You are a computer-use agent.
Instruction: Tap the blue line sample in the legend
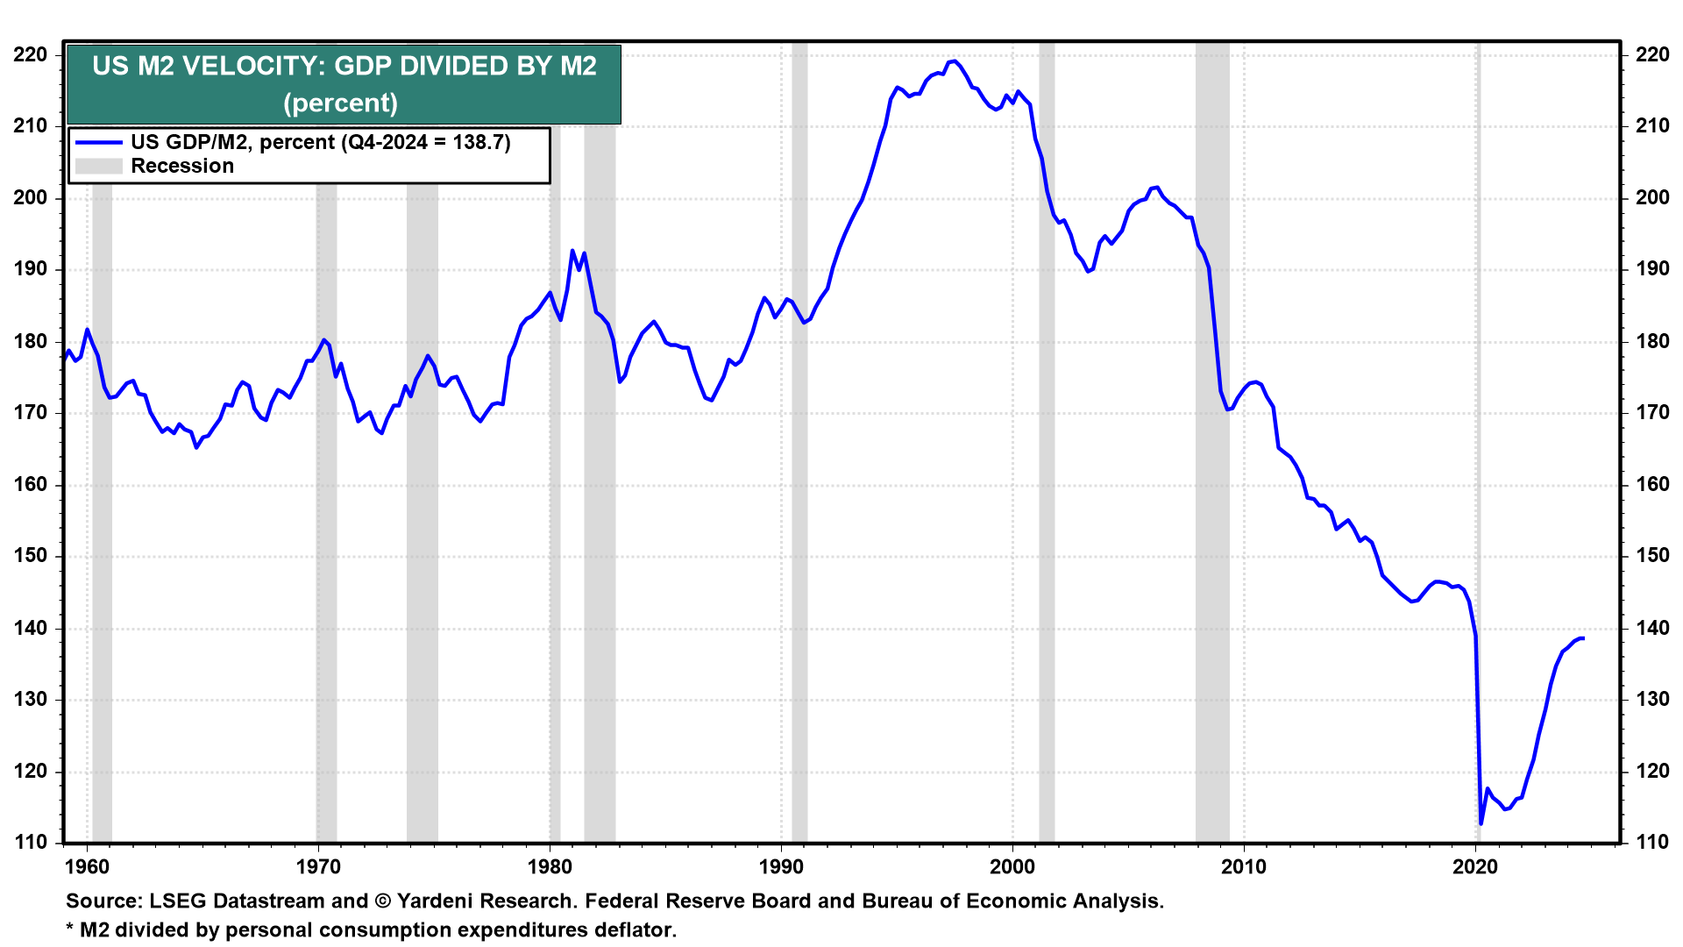[98, 142]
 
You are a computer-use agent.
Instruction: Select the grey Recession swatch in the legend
[98, 167]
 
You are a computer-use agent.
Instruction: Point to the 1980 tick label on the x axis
[550, 867]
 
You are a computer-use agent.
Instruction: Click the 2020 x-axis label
[1475, 867]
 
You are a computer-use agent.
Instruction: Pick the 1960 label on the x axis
[87, 867]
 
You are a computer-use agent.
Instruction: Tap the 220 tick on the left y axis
[31, 55]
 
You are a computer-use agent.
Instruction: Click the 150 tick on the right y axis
[1652, 556]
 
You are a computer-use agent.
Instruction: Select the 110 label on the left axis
[31, 843]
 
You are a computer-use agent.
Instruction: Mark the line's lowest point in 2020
[1481, 823]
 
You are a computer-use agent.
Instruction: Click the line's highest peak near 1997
[954, 61]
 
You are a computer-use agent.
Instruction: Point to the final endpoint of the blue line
[1582, 638]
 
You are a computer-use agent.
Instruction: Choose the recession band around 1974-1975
[422, 526]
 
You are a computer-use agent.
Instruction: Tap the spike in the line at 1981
[572, 251]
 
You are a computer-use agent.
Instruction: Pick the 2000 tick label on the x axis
[1012, 867]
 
